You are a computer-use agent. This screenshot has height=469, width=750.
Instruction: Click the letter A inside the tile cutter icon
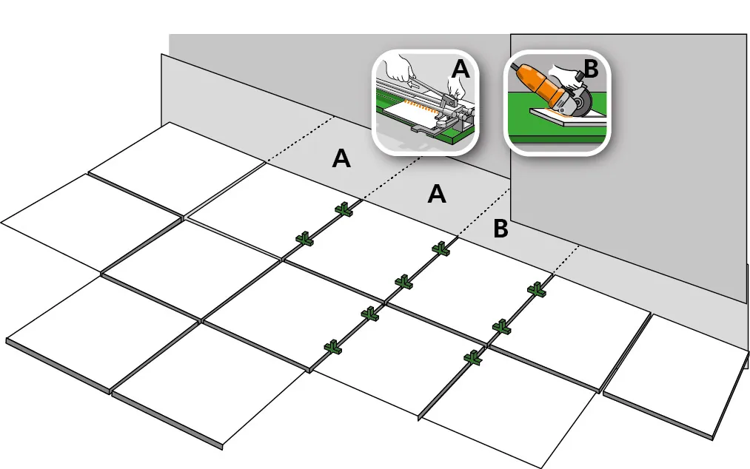coord(460,68)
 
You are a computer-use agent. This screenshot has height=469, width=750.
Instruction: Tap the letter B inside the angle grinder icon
coord(592,68)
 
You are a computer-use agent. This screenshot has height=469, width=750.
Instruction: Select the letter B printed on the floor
coord(500,229)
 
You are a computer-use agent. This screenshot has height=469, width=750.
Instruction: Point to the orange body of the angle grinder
coord(540,85)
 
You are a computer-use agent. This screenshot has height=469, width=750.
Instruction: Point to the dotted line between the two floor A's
coord(391,178)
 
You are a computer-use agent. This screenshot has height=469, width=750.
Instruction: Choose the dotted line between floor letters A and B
coord(483,212)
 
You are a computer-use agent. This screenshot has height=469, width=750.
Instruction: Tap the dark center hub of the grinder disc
coord(582,102)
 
